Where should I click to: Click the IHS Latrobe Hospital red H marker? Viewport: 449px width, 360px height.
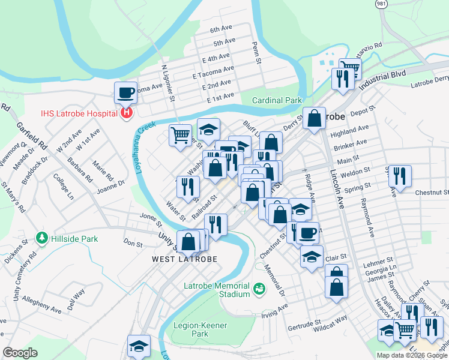pos(126,112)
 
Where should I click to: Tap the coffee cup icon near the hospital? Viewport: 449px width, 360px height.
pos(126,92)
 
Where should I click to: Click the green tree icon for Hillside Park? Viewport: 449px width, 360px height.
pos(41,238)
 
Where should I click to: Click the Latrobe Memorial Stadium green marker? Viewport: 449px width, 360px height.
pos(259,289)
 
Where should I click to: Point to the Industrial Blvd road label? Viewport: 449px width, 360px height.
pos(383,80)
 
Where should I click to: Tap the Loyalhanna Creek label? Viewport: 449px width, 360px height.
pos(146,148)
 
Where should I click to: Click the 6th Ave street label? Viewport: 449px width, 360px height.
pos(221,29)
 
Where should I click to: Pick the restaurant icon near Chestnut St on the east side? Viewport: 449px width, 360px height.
pos(399,176)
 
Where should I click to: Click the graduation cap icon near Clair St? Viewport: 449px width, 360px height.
pos(312,256)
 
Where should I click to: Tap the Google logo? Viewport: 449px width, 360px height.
pos(20,353)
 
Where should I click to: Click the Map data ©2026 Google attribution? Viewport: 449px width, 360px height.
pos(411,355)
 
